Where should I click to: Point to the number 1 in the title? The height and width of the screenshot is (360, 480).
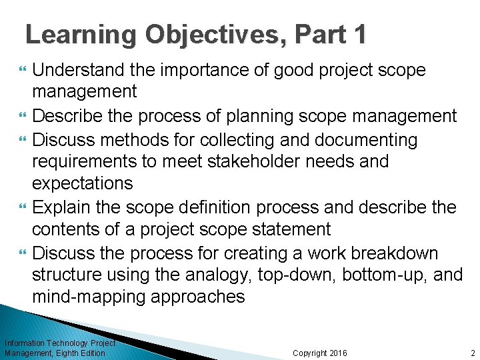[359, 34]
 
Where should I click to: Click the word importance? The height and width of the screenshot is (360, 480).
[213, 70]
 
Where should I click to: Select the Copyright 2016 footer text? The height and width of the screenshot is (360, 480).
[320, 353]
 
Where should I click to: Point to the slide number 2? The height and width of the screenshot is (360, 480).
[471, 353]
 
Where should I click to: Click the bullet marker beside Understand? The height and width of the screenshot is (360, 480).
[23, 70]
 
